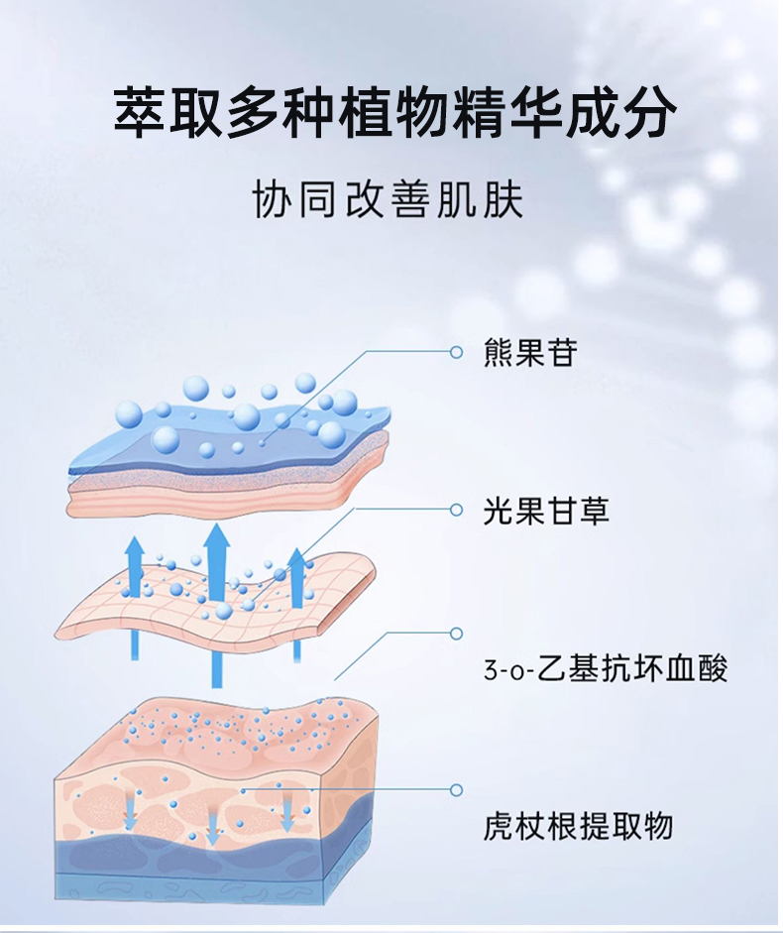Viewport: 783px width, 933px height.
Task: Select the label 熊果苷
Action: (x=530, y=353)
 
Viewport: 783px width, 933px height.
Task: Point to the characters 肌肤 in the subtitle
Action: (x=490, y=199)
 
